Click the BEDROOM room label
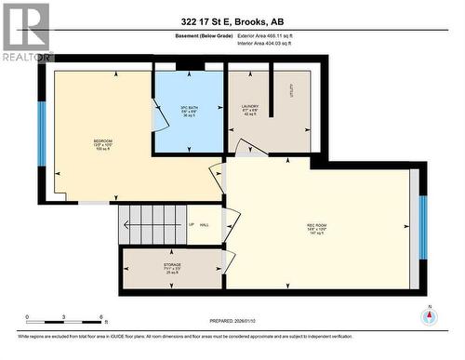[103, 145]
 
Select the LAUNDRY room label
[250, 110]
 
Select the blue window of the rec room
[423, 227]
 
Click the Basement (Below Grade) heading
[204, 34]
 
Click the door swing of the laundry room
[244, 147]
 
